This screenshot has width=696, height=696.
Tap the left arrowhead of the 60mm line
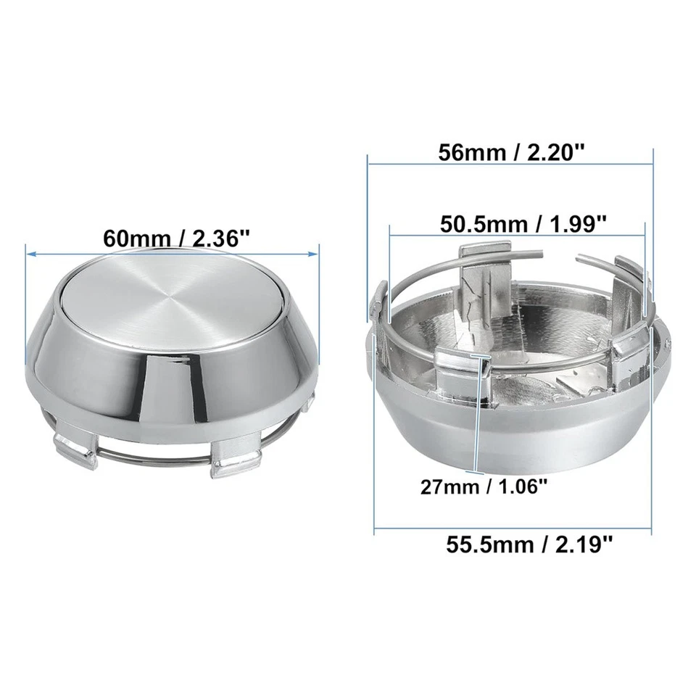pos(30,253)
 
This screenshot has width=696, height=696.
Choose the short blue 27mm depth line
pos(476,420)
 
